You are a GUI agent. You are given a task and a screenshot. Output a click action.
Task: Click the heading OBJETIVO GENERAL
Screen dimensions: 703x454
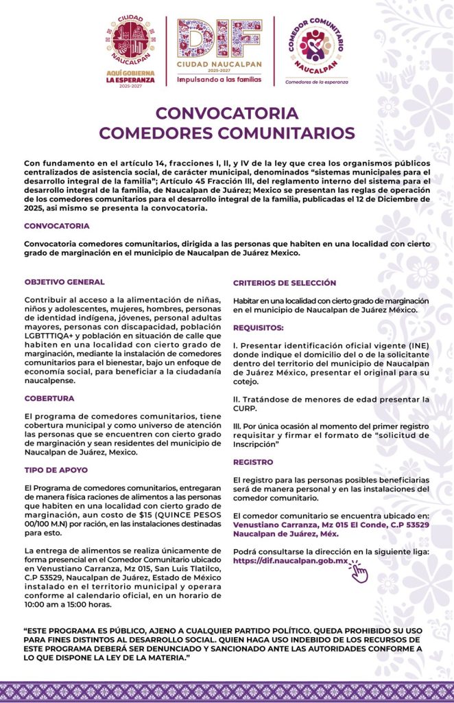[x=64, y=282]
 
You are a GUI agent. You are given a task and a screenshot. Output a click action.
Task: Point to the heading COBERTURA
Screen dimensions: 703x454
[x=49, y=398]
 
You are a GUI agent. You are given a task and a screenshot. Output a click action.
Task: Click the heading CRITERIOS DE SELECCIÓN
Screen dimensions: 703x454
[x=285, y=283]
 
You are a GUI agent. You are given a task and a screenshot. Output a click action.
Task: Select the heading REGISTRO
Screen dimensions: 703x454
[x=254, y=462]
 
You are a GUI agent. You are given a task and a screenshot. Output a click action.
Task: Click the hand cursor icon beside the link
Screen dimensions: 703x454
[x=359, y=571]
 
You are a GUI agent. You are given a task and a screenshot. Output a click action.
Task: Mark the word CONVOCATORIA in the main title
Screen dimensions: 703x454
[x=226, y=113]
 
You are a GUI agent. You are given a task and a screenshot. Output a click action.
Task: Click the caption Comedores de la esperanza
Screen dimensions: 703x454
[x=317, y=81]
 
